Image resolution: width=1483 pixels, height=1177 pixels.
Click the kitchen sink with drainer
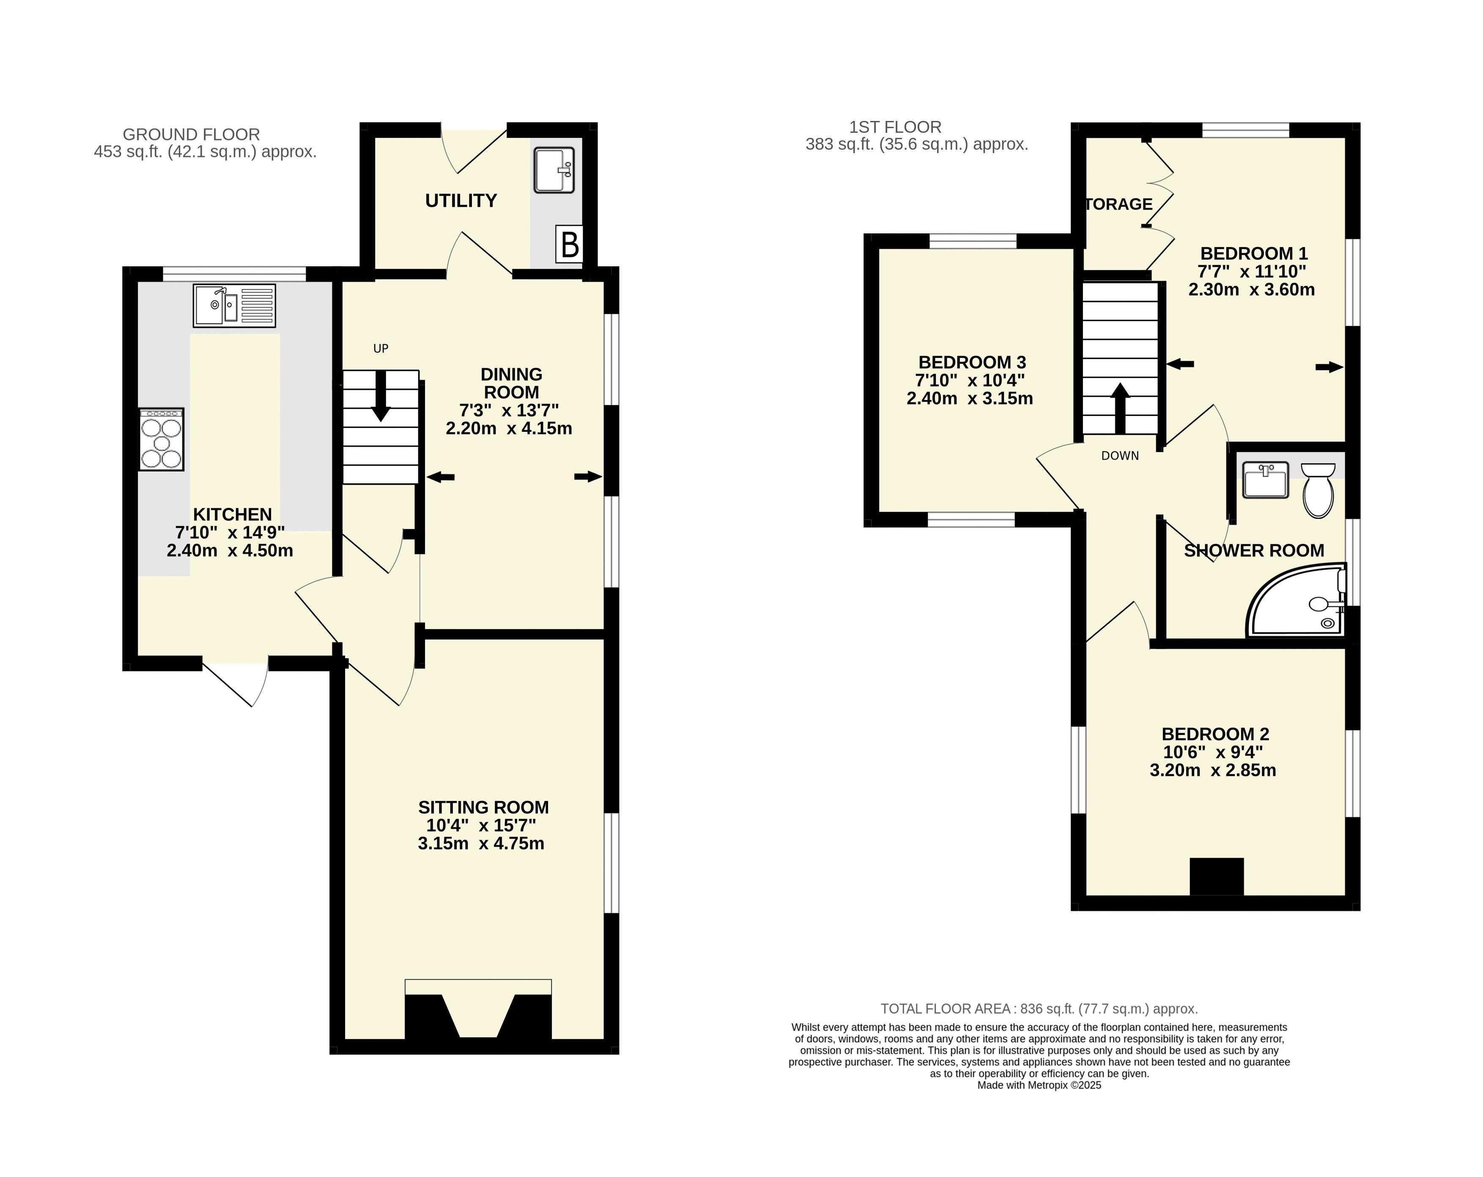[235, 305]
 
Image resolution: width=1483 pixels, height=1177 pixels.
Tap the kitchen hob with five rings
[162, 439]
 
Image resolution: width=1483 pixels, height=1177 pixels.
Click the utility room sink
[554, 170]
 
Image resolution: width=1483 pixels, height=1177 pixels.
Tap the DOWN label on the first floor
[1120, 455]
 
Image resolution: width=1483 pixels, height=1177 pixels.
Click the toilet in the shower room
[1319, 489]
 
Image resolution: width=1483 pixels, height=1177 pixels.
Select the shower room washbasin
[1266, 480]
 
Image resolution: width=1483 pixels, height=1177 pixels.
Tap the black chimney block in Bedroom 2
[1217, 876]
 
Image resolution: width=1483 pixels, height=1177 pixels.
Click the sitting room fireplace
[478, 1011]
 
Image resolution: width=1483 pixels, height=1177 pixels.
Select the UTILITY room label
[461, 201]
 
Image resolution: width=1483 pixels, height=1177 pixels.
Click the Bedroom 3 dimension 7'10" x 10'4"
[970, 380]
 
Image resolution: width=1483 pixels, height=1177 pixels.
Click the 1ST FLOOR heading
[895, 127]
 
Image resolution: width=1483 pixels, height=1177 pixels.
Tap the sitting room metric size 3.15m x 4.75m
[481, 843]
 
